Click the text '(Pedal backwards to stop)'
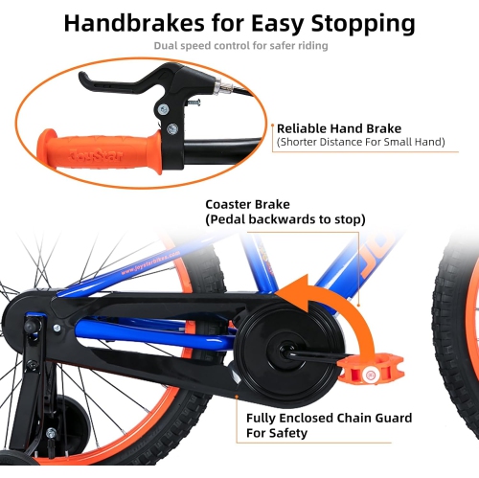285,220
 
